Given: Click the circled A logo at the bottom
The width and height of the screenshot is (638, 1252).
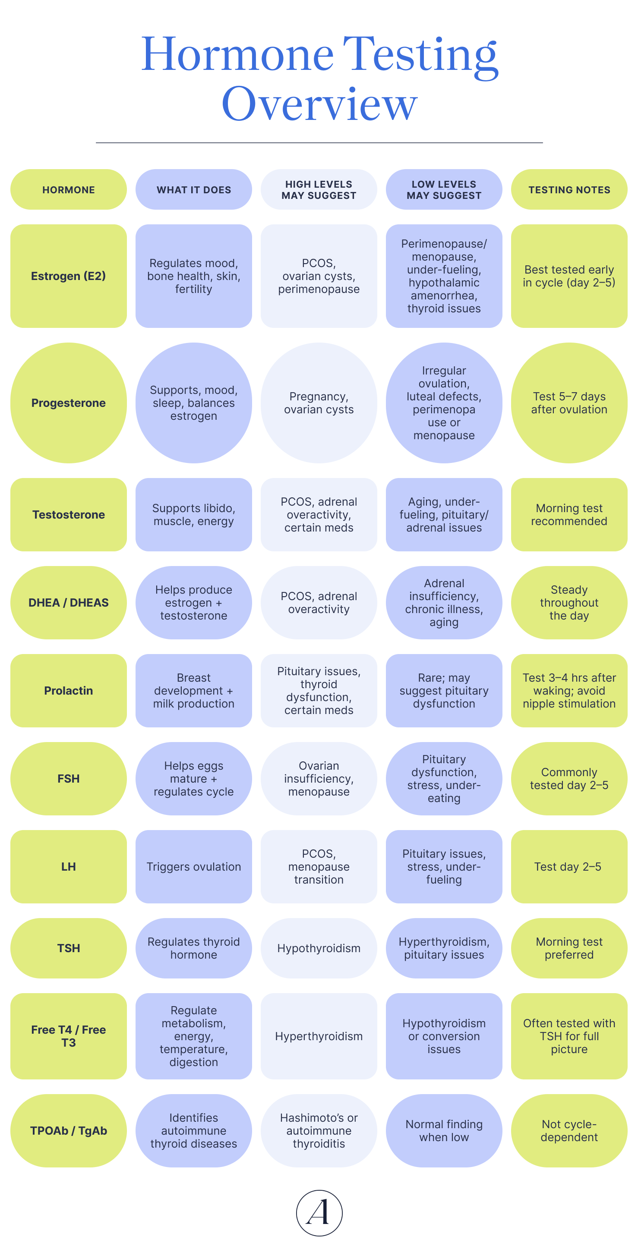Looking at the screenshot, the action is coord(319,1213).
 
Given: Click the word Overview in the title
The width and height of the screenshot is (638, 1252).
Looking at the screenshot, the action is coord(319,104).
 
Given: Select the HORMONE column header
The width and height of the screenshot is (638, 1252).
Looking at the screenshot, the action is coord(69,189).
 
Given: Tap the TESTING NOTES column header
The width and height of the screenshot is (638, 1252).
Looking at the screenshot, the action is coord(569,189).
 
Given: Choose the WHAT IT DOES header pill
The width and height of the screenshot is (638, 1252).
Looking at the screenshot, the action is coord(193,189).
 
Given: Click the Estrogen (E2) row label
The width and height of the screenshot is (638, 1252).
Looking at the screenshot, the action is coord(69,276).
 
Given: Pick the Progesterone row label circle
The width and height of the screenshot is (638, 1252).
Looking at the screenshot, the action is coord(69,403).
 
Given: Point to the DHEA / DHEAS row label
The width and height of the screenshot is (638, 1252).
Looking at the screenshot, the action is coord(69,603).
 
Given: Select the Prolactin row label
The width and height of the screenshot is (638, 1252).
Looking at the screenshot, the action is coord(69,691).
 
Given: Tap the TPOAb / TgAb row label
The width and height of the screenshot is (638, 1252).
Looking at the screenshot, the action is coord(69,1130).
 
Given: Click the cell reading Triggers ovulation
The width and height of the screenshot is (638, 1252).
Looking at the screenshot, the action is coord(193,867).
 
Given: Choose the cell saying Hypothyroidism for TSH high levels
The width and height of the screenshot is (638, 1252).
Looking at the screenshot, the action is coord(319,948).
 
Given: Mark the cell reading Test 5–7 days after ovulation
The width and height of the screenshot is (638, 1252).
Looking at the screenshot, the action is coord(569,403).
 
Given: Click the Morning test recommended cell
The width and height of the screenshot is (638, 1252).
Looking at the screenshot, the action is coord(569,515).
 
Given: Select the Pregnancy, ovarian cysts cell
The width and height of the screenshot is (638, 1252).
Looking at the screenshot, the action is coord(319,403).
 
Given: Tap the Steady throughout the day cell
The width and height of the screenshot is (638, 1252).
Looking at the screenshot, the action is coord(569,603).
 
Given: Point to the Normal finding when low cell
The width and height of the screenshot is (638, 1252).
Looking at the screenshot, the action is coord(444,1130).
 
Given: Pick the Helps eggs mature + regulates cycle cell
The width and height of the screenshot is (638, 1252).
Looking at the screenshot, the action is coord(193,779).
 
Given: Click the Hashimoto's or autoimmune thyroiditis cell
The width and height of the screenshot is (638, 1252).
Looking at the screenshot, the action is coord(319,1130).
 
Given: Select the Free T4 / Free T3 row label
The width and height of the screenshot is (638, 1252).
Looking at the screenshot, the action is coord(69,1036).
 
